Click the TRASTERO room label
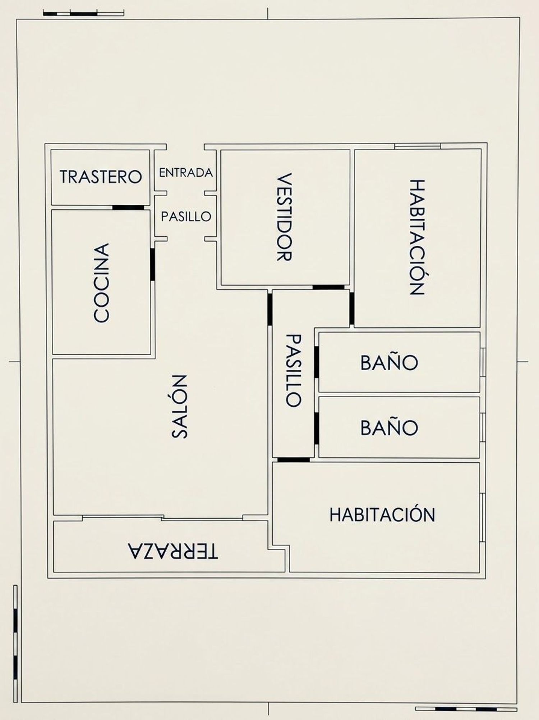pos(101,177)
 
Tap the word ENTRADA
pos(186,173)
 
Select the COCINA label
pos(101,282)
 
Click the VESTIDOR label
pos(284,217)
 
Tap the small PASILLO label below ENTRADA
pos(186,217)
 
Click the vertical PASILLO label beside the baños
pos(293,371)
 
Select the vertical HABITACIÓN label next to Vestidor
pos(417,237)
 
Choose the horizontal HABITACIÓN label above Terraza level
pos(382,515)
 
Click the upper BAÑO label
pos(389,363)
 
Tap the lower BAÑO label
pos(389,428)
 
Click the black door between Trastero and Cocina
pos(128,208)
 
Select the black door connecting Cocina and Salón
pos(152,264)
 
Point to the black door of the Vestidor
pos(328,287)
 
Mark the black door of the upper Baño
pos(316,362)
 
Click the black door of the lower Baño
pos(316,429)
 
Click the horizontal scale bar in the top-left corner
pos(83,14)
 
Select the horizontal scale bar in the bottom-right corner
pos(466,708)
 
